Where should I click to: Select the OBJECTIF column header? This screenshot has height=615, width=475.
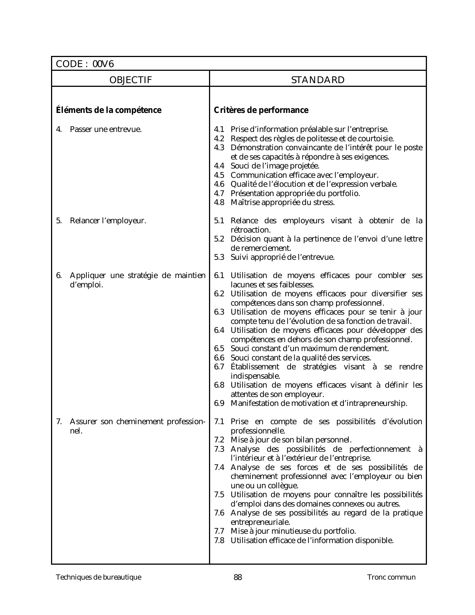tap(130, 80)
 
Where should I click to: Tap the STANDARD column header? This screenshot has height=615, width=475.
tap(318, 80)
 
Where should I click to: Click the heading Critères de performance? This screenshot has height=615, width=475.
tap(261, 110)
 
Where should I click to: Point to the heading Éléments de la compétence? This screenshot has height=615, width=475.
tap(109, 110)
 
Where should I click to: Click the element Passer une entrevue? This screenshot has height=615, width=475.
tap(106, 130)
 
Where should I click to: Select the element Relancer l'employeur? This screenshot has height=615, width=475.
tap(108, 221)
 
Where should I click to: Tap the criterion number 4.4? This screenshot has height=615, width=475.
tap(219, 166)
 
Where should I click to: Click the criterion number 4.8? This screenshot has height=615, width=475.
tap(219, 202)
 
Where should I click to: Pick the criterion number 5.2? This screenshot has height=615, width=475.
tap(219, 239)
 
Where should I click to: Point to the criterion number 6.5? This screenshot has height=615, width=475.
tap(219, 348)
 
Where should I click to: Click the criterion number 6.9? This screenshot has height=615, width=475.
tap(219, 403)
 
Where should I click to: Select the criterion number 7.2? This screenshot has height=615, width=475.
tap(219, 440)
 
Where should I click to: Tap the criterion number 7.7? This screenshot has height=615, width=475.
tap(219, 531)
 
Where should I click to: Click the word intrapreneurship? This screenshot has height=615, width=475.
tap(376, 403)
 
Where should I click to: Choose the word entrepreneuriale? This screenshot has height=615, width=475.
tap(260, 522)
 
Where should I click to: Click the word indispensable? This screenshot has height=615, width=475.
tap(255, 376)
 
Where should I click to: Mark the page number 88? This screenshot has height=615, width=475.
tap(238, 578)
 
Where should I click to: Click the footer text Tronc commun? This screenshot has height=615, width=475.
tap(391, 577)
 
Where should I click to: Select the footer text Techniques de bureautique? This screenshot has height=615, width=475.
tap(99, 577)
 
